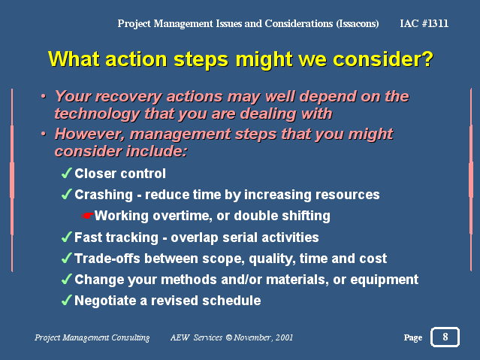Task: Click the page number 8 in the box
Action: [445, 337]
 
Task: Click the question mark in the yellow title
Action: [427, 59]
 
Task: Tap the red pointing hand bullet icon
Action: [87, 216]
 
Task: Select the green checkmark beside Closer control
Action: [66, 173]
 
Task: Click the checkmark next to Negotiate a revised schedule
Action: [66, 301]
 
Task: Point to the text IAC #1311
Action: [424, 23]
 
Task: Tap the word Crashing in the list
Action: [104, 195]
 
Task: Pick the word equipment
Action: [384, 280]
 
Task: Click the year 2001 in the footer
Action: [284, 337]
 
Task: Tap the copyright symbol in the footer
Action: [229, 337]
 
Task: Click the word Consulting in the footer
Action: [131, 337]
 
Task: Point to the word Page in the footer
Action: [413, 337]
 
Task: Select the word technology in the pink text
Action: [98, 113]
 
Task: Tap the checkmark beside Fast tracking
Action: [66, 237]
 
